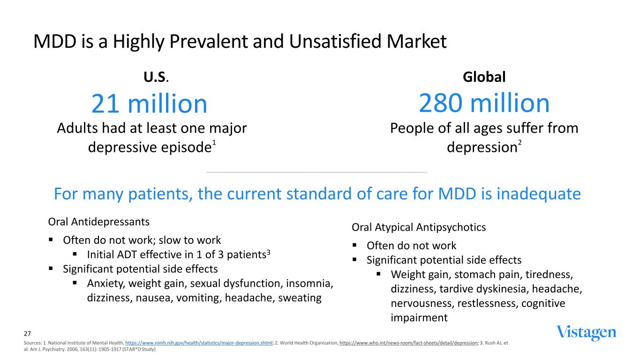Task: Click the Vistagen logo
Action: pyautogui.click(x=586, y=332)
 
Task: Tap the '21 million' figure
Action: pyautogui.click(x=149, y=104)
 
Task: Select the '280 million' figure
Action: pyautogui.click(x=484, y=103)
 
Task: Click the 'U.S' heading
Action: pyautogui.click(x=155, y=77)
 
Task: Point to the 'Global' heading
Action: pyautogui.click(x=484, y=77)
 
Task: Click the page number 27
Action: pyautogui.click(x=27, y=334)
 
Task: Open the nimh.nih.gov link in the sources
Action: pyautogui.click(x=199, y=343)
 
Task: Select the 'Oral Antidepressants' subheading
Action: pyautogui.click(x=99, y=221)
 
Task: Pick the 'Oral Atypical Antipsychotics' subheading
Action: pyautogui.click(x=419, y=227)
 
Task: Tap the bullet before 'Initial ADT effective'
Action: pyautogui.click(x=75, y=255)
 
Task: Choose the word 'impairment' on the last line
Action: pyautogui.click(x=419, y=318)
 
